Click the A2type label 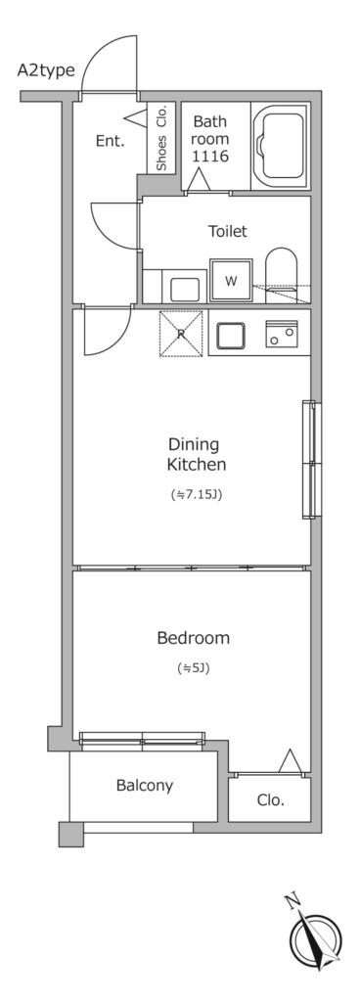pos(46,70)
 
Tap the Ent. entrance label pos(110,141)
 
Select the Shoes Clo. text pos(161,137)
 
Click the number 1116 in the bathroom pos(210,156)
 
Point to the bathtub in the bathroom pos(280,146)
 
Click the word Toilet pos(227,231)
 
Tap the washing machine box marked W pos(231,280)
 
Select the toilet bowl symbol pos(281,274)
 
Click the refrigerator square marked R pos(181,333)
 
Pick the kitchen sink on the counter pos(231,336)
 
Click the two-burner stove pos(282,333)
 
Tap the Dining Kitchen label pos(197,454)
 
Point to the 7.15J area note pos(196,494)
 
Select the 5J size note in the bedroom pos(194,668)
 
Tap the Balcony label pos(144,786)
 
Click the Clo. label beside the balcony pos(271,799)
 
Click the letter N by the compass pos(292,901)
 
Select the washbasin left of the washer pos(185,289)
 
